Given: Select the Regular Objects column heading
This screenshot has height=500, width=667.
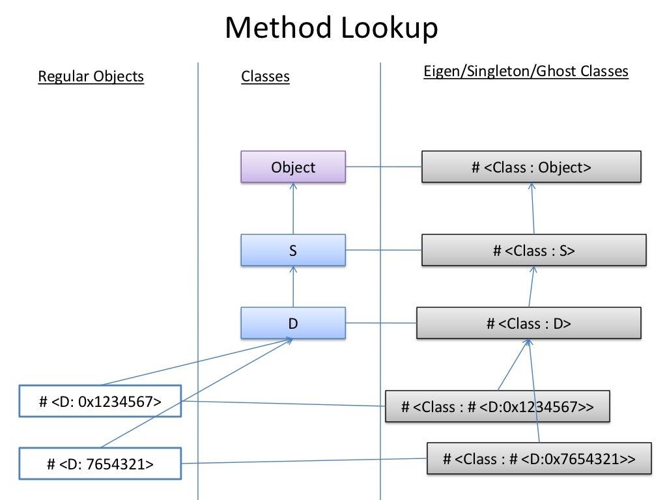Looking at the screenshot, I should (x=91, y=76).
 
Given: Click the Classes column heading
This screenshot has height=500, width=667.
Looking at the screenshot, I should (x=265, y=77).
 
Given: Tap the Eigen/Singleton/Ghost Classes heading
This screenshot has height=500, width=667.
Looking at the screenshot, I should (x=526, y=71).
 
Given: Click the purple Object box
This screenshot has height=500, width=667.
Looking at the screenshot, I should (x=293, y=167).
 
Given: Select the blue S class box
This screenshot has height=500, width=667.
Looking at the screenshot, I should (x=293, y=251).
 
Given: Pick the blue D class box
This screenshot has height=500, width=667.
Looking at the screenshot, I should (x=293, y=323).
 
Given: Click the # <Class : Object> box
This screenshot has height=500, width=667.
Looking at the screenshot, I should (x=532, y=167).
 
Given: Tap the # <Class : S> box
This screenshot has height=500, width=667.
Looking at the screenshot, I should (x=533, y=251).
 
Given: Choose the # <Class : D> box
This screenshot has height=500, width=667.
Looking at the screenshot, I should (x=528, y=323).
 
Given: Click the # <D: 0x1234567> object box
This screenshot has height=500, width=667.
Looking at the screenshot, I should (x=100, y=401).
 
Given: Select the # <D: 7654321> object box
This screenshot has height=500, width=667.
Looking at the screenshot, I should (x=100, y=464).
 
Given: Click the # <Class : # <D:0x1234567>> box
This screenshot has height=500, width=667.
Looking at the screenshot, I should (x=498, y=407).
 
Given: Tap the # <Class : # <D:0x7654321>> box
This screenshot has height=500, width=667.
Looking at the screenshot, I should (x=539, y=458).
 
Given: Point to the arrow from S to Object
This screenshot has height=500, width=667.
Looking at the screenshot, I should (x=293, y=208).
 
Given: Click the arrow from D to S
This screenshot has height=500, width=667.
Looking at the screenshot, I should (x=293, y=286).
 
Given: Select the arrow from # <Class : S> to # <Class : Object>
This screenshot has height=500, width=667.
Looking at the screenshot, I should (x=533, y=208).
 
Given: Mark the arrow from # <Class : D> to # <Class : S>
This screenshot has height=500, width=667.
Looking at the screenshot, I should (x=532, y=286).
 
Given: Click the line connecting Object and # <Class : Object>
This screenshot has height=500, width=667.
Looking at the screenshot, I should (x=384, y=167).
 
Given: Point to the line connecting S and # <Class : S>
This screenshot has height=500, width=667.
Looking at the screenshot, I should (x=384, y=250).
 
